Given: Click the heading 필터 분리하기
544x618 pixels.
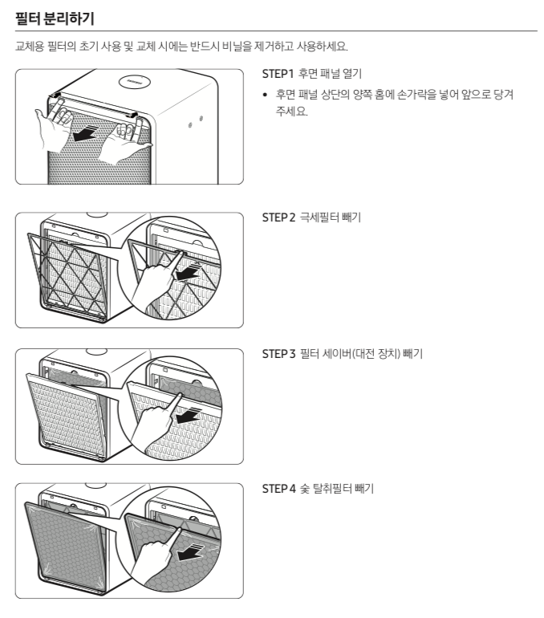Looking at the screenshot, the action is click(x=55, y=18).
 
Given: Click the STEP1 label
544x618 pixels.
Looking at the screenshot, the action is click(x=278, y=74).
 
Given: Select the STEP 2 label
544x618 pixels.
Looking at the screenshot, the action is click(x=278, y=218).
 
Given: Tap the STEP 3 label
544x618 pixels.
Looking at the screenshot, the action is click(x=278, y=353).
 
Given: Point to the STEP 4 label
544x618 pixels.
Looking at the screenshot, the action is click(x=278, y=489).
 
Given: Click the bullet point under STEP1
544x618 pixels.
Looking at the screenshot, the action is click(x=265, y=95).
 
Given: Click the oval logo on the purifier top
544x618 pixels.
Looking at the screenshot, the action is click(x=135, y=82).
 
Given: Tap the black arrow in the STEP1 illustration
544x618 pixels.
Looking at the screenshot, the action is click(x=85, y=133).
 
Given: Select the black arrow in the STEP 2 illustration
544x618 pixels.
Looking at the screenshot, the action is click(x=188, y=272).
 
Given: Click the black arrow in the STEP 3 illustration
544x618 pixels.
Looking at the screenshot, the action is click(x=188, y=415).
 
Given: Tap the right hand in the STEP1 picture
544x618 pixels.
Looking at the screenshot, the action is click(x=125, y=140).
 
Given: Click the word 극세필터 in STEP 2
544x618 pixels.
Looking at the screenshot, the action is click(x=319, y=218).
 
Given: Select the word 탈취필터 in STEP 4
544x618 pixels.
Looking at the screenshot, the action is click(x=332, y=489).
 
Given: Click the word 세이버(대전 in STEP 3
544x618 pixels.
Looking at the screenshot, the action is click(x=348, y=353).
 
